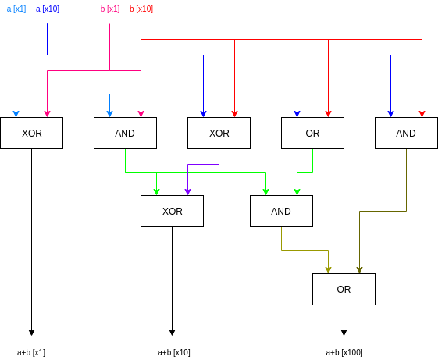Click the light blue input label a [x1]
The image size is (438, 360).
pyautogui.click(x=16, y=9)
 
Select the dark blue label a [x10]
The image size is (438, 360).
pyautogui.click(x=48, y=9)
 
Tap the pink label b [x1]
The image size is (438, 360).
pyautogui.click(x=110, y=9)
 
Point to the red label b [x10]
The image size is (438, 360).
pyautogui.click(x=141, y=9)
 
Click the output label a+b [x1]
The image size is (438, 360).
pyautogui.click(x=31, y=352)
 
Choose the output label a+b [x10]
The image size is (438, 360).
pyautogui.click(x=174, y=352)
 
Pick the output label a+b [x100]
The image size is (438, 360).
pyautogui.click(x=344, y=352)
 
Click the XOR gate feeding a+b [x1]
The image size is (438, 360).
pyautogui.click(x=31, y=133)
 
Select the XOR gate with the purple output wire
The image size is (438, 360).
pyautogui.click(x=219, y=133)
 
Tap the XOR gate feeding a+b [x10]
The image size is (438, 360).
pyautogui.click(x=172, y=211)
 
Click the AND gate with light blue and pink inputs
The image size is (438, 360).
pyautogui.click(x=125, y=133)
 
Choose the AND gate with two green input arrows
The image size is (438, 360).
pyautogui.click(x=281, y=211)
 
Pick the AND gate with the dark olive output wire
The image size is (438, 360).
pyautogui.click(x=406, y=133)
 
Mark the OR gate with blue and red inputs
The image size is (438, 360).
pyautogui.click(x=312, y=133)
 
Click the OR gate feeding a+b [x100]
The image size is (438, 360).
pyautogui.click(x=344, y=289)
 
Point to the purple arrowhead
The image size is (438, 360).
pyautogui.click(x=187, y=192)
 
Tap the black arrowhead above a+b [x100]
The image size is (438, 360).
pyautogui.click(x=344, y=333)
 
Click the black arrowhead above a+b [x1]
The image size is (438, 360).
pyautogui.click(x=31, y=333)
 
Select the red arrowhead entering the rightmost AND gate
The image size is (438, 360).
pyautogui.click(x=422, y=114)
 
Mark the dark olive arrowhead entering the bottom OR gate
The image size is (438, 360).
pyautogui.click(x=359, y=270)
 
